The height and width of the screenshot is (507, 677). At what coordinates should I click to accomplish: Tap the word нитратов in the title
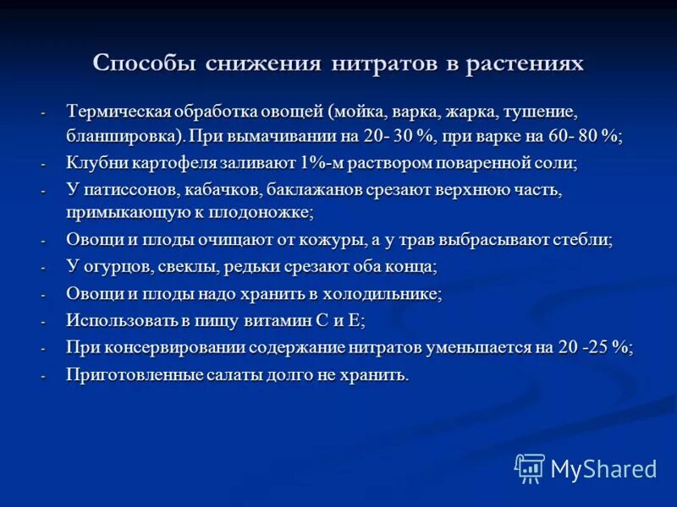[x=383, y=64]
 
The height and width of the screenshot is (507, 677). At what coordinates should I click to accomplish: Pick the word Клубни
[x=92, y=163]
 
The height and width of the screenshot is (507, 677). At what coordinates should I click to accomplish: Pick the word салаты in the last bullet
[x=236, y=375]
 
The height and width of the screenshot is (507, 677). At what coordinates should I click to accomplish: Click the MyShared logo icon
[x=530, y=468]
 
